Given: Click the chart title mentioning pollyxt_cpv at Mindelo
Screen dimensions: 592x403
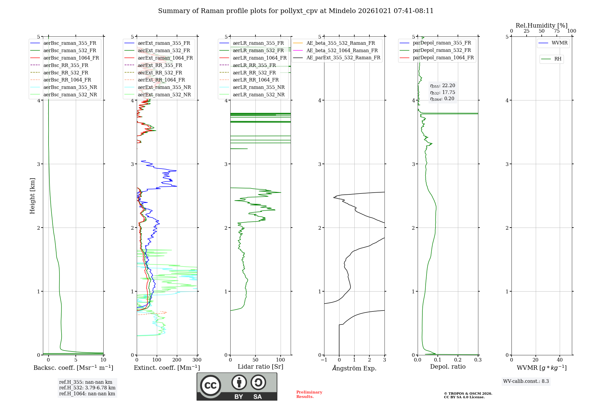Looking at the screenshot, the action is tap(296, 11).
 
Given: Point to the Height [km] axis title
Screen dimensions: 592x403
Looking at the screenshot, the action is tap(32, 196).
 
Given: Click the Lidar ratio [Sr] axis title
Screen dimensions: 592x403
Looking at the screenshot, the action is tap(260, 367).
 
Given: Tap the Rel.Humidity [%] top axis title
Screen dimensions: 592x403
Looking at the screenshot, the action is tap(542, 25).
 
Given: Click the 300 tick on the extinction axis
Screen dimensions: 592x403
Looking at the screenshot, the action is tap(197, 360).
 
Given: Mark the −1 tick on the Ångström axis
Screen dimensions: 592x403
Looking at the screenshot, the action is tap(324, 360).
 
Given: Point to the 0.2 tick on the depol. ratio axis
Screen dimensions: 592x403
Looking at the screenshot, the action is tap(458, 360).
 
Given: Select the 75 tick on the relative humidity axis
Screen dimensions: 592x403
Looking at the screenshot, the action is tap(557, 31).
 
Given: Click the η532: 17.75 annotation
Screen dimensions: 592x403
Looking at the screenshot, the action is tap(443, 92).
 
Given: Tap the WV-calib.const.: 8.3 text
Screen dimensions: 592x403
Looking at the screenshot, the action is tap(526, 381).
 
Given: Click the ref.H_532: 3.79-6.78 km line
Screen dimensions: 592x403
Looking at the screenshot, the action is tap(87, 388).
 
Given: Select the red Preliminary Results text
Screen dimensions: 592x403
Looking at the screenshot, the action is tap(309, 394).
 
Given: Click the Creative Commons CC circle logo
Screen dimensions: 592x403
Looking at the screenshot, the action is tap(210, 386).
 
